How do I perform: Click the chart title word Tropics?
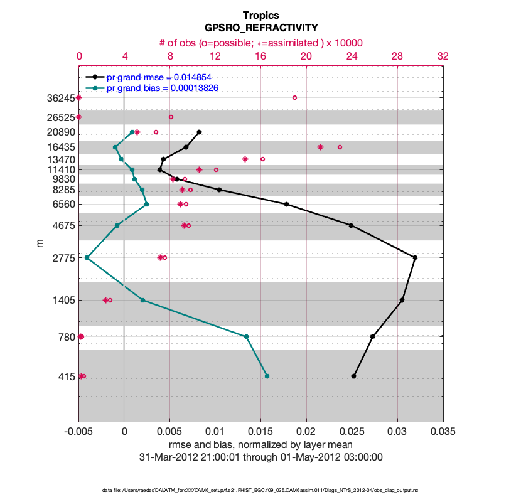(x=260, y=15)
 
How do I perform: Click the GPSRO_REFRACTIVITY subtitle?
(x=260, y=28)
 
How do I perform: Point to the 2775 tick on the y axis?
(x=62, y=258)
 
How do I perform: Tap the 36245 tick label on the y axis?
(x=60, y=98)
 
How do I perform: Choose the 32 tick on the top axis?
(x=443, y=56)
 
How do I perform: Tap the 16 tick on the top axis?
(x=260, y=56)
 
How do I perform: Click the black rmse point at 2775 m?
(x=415, y=257)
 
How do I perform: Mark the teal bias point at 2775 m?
(x=87, y=257)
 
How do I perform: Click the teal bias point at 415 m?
(x=267, y=376)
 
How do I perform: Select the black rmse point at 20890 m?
(x=199, y=132)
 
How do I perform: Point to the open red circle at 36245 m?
(x=294, y=97)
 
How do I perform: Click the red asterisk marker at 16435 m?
(x=320, y=147)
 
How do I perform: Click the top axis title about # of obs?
(x=260, y=42)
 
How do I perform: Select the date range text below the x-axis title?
(x=260, y=457)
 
